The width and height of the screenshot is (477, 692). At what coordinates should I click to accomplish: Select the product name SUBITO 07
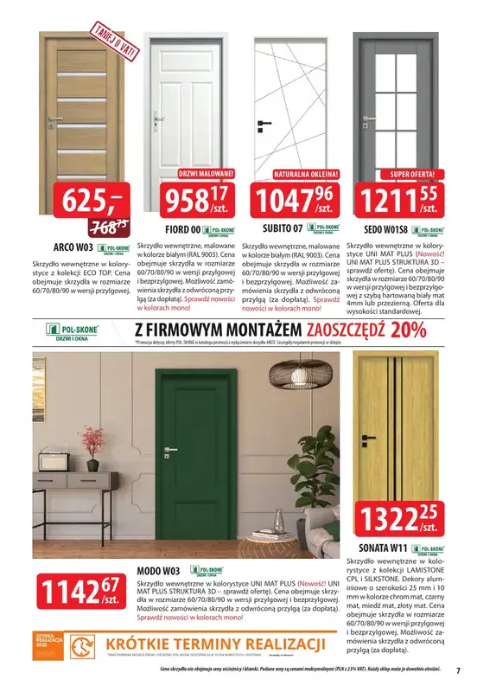point(283,229)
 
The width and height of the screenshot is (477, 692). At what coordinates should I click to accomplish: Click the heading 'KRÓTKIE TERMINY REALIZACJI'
point(215,643)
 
